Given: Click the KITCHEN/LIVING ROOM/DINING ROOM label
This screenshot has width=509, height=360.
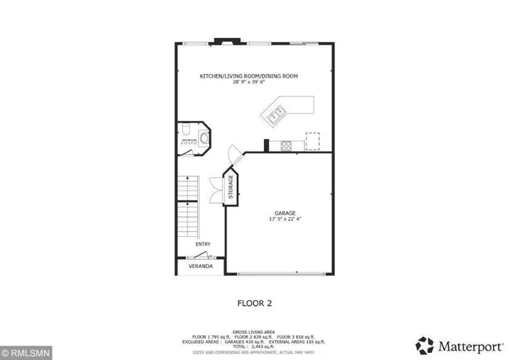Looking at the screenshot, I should (x=248, y=75).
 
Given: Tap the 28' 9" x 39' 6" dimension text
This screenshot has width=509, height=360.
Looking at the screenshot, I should (x=248, y=82).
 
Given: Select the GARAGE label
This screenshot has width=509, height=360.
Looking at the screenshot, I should (x=286, y=212).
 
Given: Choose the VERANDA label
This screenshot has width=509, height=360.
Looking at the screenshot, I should (x=200, y=266).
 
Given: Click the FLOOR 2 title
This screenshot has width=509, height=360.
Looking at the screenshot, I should (x=254, y=302).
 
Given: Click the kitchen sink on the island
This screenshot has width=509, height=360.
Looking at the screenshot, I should (x=274, y=118).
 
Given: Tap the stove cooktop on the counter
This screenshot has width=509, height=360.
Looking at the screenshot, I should (x=286, y=145).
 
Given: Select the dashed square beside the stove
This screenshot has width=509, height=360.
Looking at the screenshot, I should (x=314, y=141).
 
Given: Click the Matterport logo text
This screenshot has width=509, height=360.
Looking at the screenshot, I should (x=460, y=343).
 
